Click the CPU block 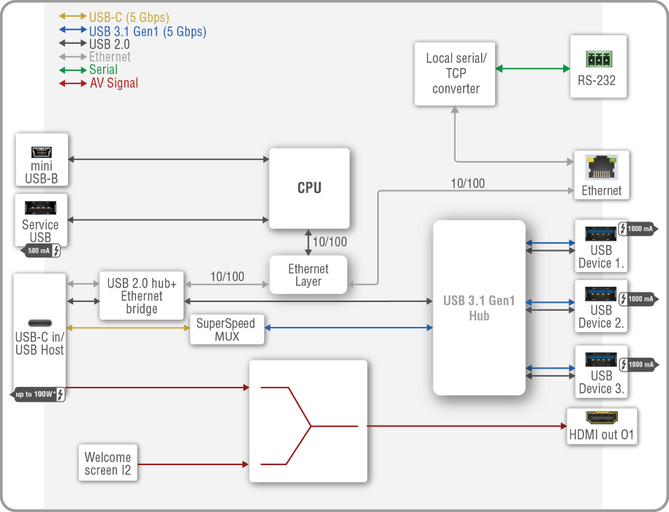(x=309, y=188)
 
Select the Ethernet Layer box (x=308, y=275)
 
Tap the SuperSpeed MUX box (x=225, y=330)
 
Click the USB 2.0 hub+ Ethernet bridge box (x=142, y=295)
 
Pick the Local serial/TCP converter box (x=456, y=73)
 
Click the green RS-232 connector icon (x=597, y=59)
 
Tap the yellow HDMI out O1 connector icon (x=602, y=419)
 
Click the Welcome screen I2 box (x=107, y=464)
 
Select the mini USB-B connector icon (x=41, y=152)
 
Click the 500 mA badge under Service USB (x=41, y=252)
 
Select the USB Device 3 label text (x=601, y=382)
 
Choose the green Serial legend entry (x=103, y=70)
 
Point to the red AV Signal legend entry (x=113, y=83)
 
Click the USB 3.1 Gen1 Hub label (x=479, y=308)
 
